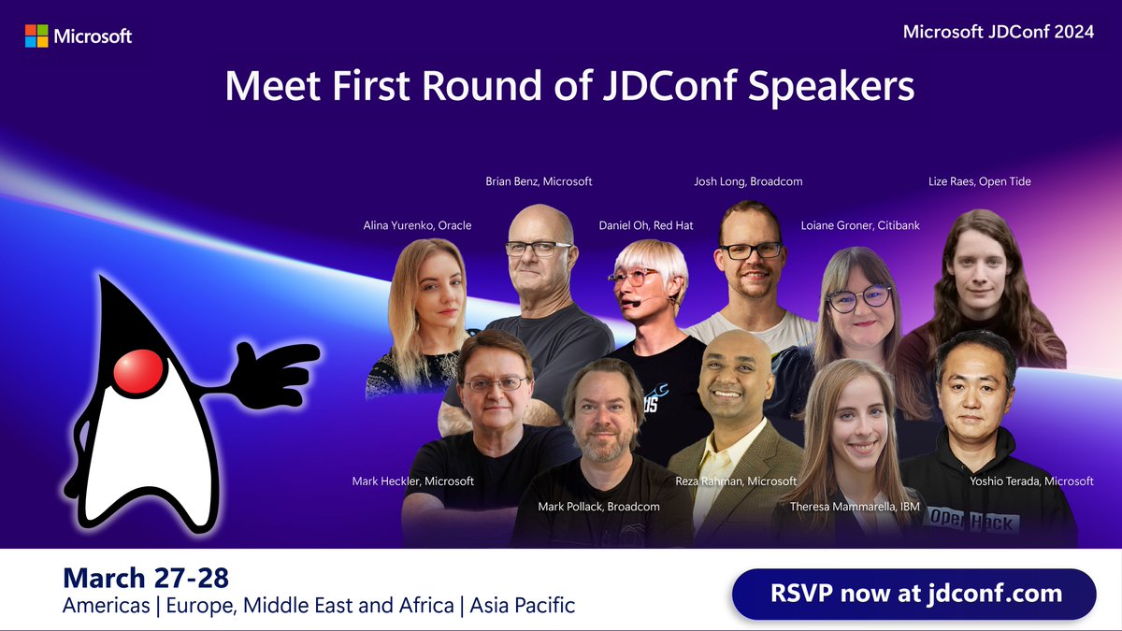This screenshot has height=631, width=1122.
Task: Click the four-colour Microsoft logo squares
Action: tap(36, 36)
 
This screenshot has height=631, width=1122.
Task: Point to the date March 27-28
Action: tap(145, 577)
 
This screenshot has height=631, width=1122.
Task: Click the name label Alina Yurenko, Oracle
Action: tap(417, 225)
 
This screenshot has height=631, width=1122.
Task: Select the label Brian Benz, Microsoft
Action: tap(539, 181)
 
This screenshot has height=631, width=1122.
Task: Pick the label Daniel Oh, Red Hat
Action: tap(646, 225)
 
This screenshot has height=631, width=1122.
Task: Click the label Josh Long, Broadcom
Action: tap(748, 181)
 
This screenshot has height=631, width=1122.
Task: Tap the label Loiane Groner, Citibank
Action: tap(860, 225)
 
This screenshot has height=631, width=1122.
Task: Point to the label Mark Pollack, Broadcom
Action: tap(598, 506)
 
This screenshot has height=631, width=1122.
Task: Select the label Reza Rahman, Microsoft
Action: tap(736, 480)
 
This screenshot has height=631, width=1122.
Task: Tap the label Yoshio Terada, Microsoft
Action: tap(1031, 480)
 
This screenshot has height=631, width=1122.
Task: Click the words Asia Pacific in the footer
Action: tap(523, 606)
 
